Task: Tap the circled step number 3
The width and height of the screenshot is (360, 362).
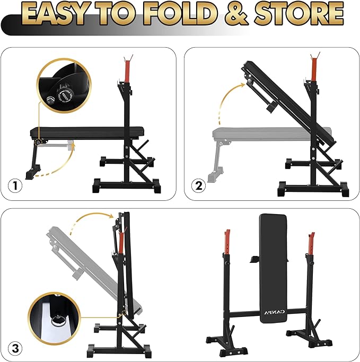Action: pyautogui.click(x=15, y=348)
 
